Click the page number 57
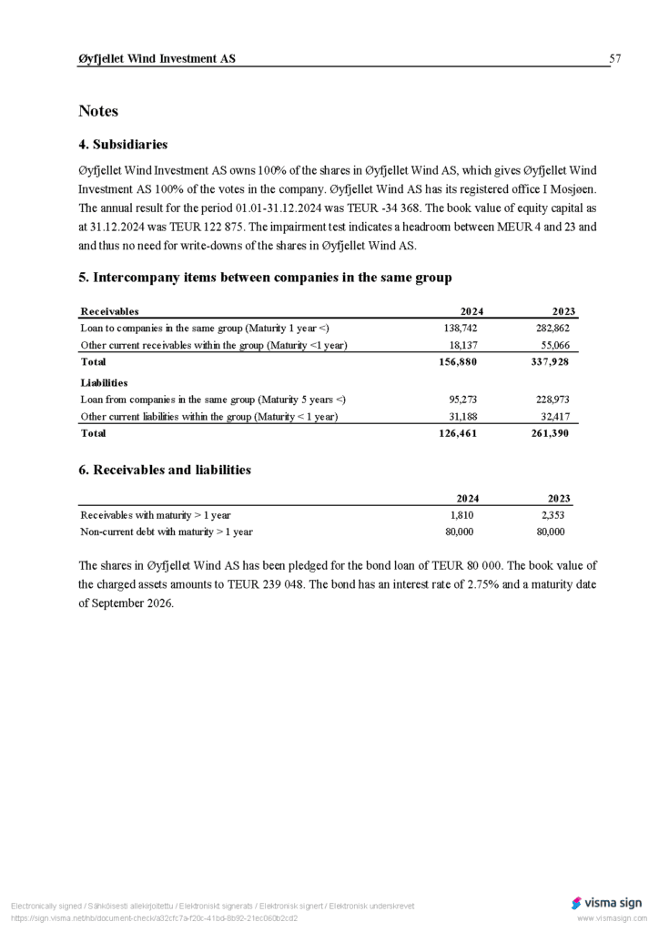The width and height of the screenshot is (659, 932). pyautogui.click(x=615, y=59)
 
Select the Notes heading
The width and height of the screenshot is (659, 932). pyautogui.click(x=98, y=111)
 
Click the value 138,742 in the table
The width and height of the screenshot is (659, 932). pyautogui.click(x=461, y=328)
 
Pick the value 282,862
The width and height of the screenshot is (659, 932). pyautogui.click(x=552, y=328)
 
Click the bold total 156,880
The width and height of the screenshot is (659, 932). pyautogui.click(x=458, y=362)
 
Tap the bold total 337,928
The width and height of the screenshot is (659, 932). pyautogui.click(x=550, y=362)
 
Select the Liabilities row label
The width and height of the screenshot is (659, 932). pyautogui.click(x=104, y=383)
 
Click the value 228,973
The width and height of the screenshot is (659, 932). pyautogui.click(x=552, y=400)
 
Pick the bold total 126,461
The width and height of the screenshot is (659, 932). pyautogui.click(x=458, y=434)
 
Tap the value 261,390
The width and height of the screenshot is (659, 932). pyautogui.click(x=550, y=434)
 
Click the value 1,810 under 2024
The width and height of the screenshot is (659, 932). pyautogui.click(x=461, y=515)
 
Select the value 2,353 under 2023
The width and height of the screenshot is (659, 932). pyautogui.click(x=553, y=515)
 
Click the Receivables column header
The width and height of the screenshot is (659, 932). pyautogui.click(x=109, y=311)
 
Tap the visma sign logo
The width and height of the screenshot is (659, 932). pyautogui.click(x=606, y=903)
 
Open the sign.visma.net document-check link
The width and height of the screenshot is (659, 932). pyautogui.click(x=154, y=918)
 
